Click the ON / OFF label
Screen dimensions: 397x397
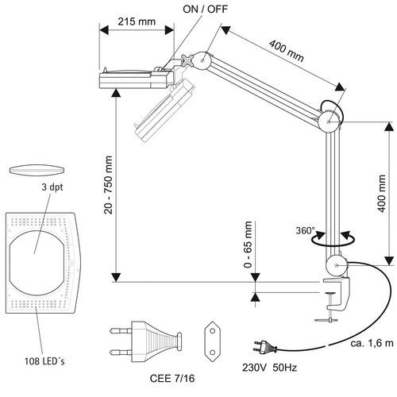[x=205, y=10]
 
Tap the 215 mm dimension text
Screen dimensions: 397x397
[x=137, y=21]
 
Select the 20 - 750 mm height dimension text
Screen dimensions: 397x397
[x=108, y=185]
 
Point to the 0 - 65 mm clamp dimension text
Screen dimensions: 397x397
[x=248, y=245]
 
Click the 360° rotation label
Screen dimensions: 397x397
[x=306, y=230]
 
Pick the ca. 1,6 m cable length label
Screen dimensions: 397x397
[x=372, y=343]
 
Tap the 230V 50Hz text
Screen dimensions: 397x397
[x=269, y=368]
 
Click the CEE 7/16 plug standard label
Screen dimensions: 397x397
[x=172, y=379]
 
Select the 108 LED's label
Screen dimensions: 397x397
[x=44, y=361]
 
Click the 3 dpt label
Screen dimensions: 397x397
[x=52, y=187]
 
